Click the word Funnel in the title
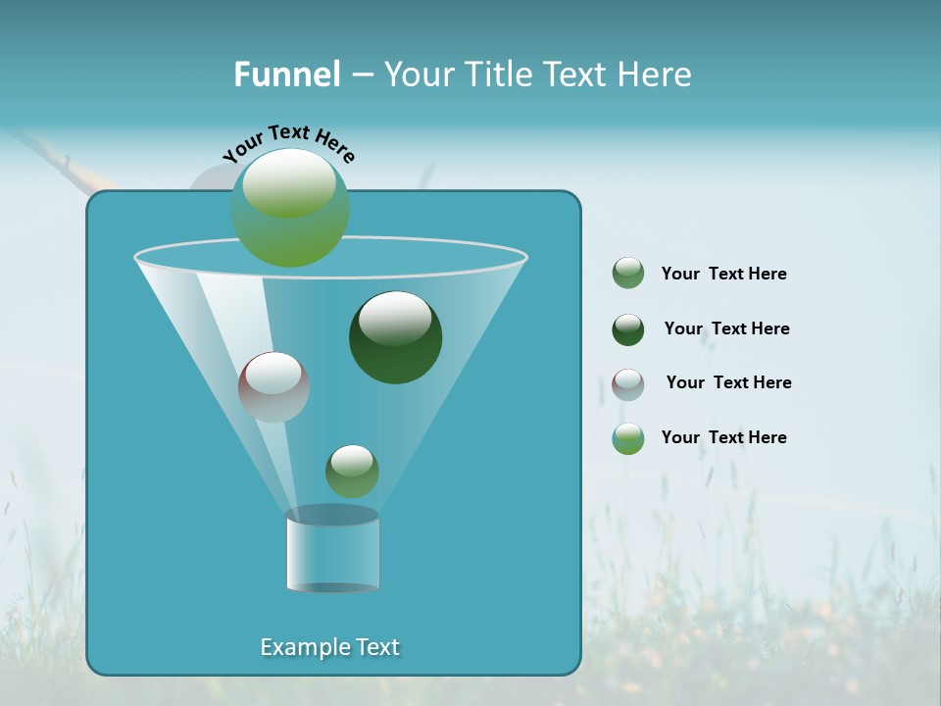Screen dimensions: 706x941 [x=286, y=75]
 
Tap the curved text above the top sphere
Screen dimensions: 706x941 [x=289, y=143]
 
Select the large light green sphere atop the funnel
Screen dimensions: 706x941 [x=290, y=207]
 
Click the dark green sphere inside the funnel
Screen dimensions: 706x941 [x=395, y=337]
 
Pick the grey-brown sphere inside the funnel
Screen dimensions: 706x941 [x=273, y=387]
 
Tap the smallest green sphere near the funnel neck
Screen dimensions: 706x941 [x=352, y=472]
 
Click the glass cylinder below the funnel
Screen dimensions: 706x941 [x=332, y=554]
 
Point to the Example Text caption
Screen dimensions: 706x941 [x=329, y=647]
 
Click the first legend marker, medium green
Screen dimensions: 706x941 [x=628, y=274]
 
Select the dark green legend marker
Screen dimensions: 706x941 [x=628, y=329]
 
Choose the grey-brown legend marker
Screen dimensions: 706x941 [x=628, y=384]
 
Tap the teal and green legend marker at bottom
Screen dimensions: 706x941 [x=628, y=438]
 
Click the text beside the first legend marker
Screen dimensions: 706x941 [x=723, y=275]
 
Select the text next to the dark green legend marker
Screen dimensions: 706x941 [x=726, y=329]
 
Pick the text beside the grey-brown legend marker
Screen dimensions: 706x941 [x=728, y=383]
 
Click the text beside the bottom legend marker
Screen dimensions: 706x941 [x=723, y=438]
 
